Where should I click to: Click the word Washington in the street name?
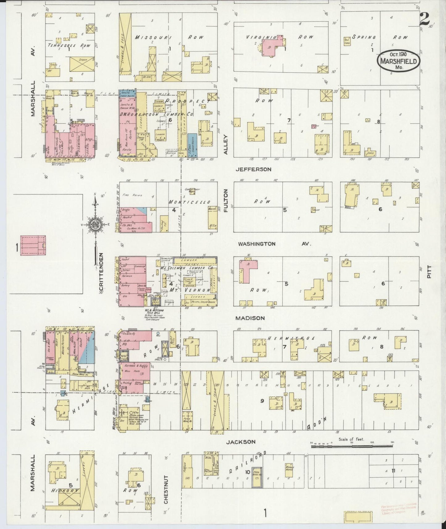(x=256, y=244)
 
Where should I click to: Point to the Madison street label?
(x=250, y=318)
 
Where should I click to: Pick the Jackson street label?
(x=241, y=442)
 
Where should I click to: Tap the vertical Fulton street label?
(x=226, y=201)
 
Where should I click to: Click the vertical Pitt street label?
(x=429, y=272)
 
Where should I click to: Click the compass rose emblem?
(x=95, y=224)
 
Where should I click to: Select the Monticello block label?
(x=189, y=202)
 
